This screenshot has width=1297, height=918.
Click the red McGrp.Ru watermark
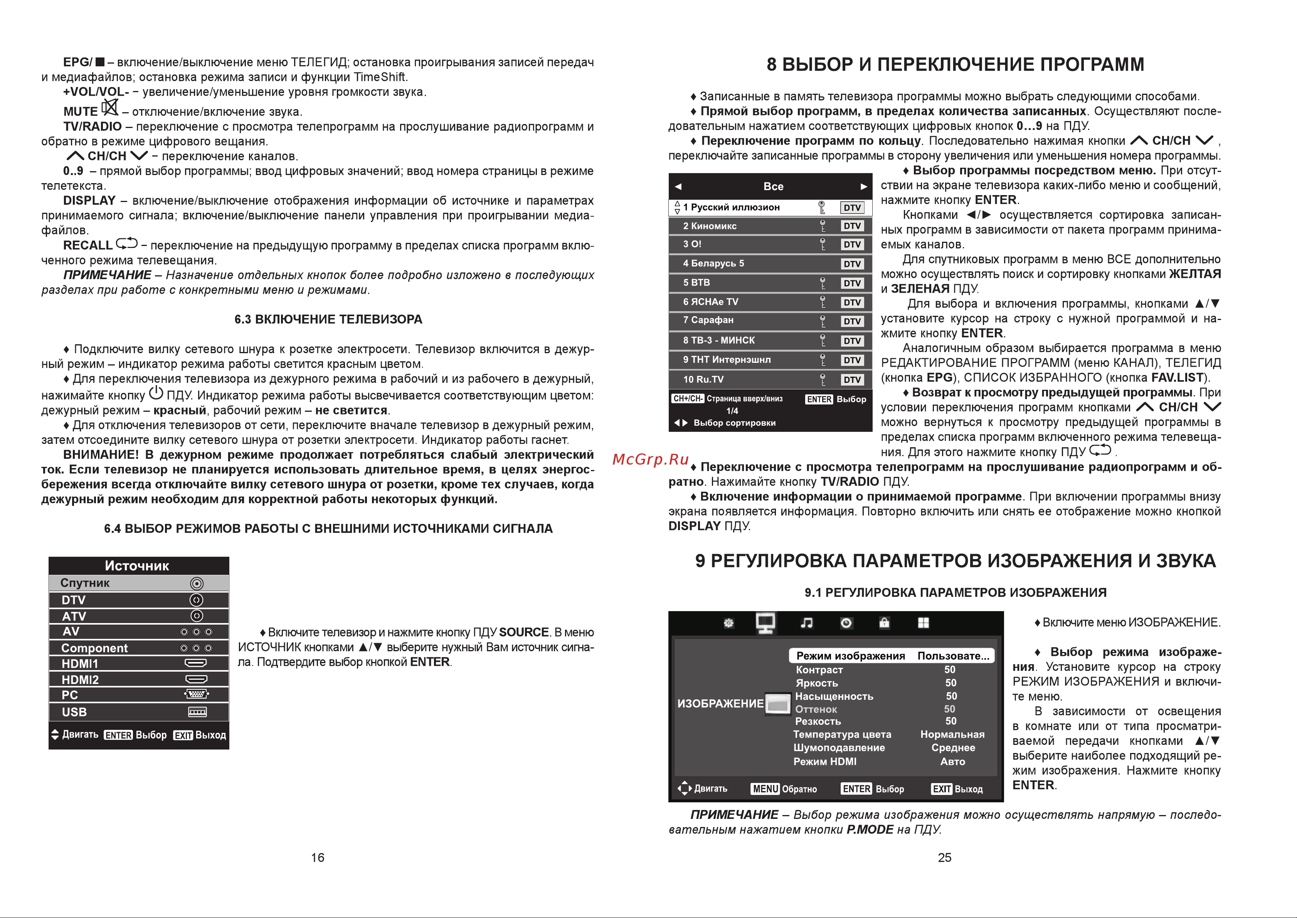tap(651, 460)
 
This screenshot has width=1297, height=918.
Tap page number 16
tap(318, 857)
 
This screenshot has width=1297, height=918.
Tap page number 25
tap(944, 857)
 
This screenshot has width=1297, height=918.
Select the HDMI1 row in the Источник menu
tap(138, 664)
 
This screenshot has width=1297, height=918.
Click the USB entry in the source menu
tap(138, 712)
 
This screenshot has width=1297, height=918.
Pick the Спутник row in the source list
tap(138, 583)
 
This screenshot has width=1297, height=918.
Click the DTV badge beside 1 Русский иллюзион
tap(852, 207)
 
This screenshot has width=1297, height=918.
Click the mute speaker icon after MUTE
tap(109, 108)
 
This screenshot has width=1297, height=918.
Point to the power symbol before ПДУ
tap(156, 393)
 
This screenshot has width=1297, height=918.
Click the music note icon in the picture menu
tap(806, 623)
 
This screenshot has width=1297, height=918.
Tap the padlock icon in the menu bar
tap(885, 623)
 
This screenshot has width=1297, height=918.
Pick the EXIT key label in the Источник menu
tap(183, 735)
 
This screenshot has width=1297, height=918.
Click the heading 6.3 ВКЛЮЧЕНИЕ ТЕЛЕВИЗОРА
tap(328, 319)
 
